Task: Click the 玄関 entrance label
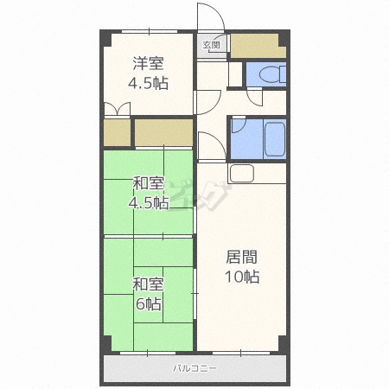212,45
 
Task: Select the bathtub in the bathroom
275,139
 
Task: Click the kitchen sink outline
242,174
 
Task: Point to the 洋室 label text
148,64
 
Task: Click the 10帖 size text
242,277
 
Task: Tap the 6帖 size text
149,303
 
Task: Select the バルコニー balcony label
195,368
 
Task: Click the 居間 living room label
241,257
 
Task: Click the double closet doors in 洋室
117,110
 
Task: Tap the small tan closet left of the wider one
118,132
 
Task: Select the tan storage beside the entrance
258,46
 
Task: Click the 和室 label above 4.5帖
148,183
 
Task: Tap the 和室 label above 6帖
148,284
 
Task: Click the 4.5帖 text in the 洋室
148,84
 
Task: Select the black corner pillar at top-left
105,37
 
